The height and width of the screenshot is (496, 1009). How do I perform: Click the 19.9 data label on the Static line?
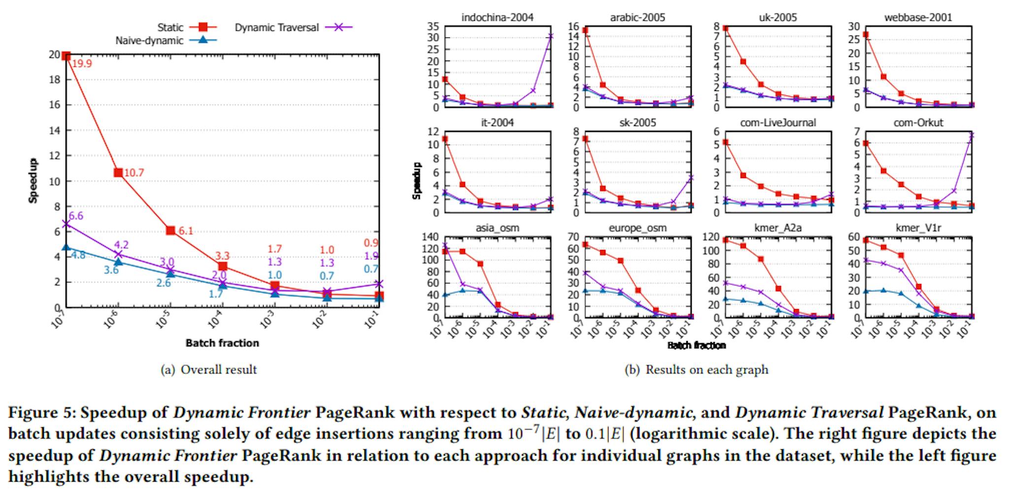click(x=82, y=63)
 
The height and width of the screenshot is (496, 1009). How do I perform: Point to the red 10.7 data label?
click(x=134, y=173)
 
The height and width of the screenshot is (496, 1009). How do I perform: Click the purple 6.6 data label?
click(x=76, y=216)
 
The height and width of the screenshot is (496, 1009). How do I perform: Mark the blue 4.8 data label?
click(x=78, y=255)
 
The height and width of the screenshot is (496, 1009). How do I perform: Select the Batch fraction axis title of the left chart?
click(x=222, y=343)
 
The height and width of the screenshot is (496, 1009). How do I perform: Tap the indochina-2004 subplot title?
click(x=497, y=18)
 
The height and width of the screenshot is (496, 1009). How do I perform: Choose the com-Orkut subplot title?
click(x=918, y=123)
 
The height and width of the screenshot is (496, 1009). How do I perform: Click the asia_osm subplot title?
click(x=497, y=228)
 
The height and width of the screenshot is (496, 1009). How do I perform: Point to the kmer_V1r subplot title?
click(x=918, y=228)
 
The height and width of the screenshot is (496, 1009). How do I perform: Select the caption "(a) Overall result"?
click(x=209, y=370)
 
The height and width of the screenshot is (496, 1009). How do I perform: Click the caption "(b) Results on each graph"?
click(x=696, y=370)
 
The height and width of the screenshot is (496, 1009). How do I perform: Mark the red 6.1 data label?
click(x=186, y=231)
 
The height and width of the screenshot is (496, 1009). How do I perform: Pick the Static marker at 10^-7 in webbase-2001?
click(x=866, y=34)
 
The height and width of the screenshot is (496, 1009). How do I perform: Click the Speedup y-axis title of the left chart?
click(x=33, y=181)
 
